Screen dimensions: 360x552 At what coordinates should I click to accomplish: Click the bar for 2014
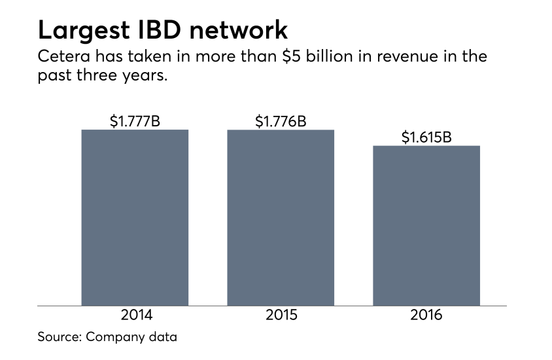coord(135,217)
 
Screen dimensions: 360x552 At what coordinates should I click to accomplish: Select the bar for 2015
coord(281,217)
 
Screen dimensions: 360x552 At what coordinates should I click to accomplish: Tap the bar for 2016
coord(426,225)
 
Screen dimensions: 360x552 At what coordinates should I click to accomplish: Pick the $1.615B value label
coord(426,137)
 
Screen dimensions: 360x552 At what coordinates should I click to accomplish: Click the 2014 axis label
coord(136,315)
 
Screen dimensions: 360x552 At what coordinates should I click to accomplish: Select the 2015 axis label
coord(281,315)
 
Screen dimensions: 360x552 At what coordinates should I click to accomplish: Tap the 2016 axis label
coord(426,315)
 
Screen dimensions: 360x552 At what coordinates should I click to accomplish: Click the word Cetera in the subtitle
coord(60,56)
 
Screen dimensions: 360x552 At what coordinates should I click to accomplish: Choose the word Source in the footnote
coord(58,338)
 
